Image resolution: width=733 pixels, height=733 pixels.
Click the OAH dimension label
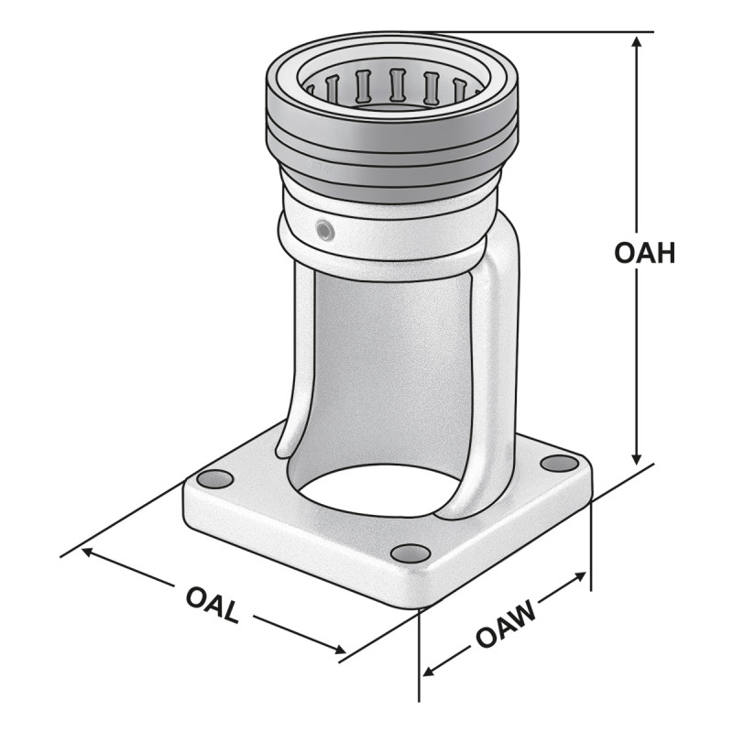(644, 253)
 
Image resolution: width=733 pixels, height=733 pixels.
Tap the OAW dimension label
(506, 625)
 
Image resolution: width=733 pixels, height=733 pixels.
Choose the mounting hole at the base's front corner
(410, 553)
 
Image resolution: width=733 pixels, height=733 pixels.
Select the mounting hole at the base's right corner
(559, 464)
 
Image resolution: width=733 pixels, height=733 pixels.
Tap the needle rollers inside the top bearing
(396, 86)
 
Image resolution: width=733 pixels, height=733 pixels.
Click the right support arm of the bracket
(495, 366)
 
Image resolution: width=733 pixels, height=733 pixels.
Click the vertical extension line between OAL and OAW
(420, 641)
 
